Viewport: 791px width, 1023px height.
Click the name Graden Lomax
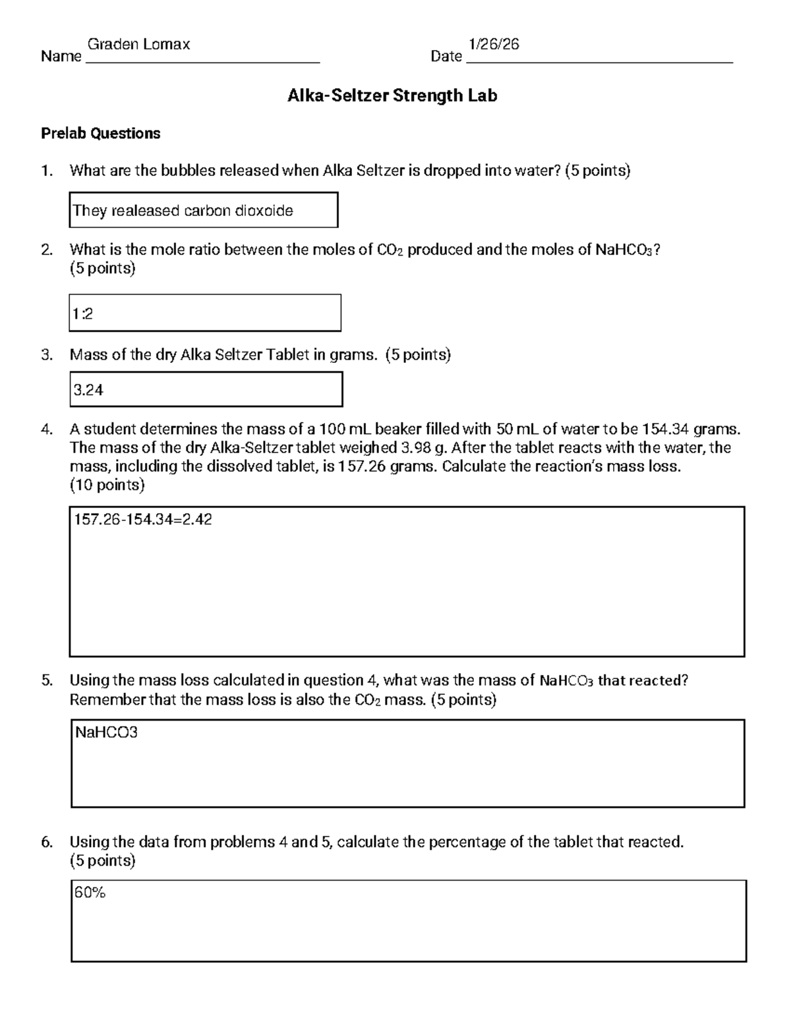click(x=138, y=44)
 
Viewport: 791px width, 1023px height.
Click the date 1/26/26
click(x=494, y=44)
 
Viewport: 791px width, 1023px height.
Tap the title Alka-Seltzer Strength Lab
click(x=392, y=96)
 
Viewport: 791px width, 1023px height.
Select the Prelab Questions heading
click(x=101, y=134)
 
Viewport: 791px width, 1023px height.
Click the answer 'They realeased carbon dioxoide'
click(x=183, y=211)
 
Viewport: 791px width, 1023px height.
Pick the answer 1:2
click(x=83, y=314)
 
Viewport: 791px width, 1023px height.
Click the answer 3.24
click(x=88, y=390)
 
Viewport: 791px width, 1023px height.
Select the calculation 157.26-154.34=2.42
click(x=143, y=520)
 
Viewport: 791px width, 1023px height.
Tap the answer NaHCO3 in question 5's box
click(x=106, y=733)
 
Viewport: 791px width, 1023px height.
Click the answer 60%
click(x=90, y=893)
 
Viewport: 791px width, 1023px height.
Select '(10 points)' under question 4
click(x=107, y=485)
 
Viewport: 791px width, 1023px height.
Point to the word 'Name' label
click(x=61, y=57)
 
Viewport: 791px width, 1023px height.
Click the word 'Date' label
click(x=446, y=57)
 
